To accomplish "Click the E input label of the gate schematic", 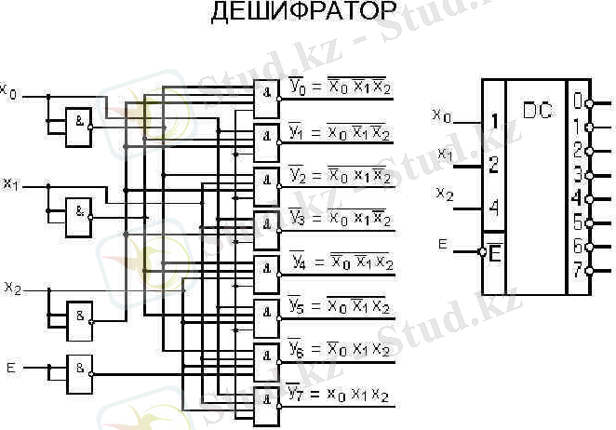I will click(x=10, y=369).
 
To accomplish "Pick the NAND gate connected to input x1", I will click(x=78, y=213).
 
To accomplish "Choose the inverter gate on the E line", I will click(x=81, y=367).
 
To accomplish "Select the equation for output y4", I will click(x=341, y=262).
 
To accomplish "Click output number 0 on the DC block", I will click(x=577, y=100).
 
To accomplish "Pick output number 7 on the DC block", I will click(x=577, y=271).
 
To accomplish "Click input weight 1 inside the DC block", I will click(x=494, y=121).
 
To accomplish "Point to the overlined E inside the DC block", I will click(x=494, y=253).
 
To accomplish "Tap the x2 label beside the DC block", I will click(x=446, y=194).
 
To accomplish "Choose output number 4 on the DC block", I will click(x=577, y=197).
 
